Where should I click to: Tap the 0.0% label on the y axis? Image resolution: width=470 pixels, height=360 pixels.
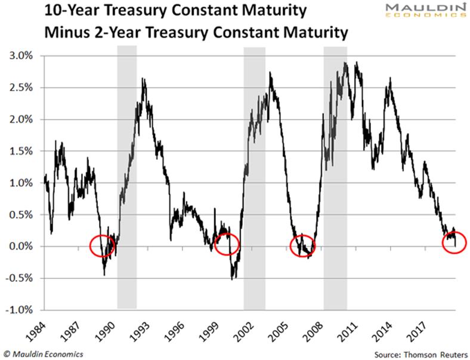point(21,247)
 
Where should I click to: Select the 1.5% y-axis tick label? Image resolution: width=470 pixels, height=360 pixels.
point(21,151)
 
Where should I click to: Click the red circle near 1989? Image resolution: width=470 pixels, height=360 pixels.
point(103,245)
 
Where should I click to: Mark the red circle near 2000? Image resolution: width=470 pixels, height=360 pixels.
point(226,244)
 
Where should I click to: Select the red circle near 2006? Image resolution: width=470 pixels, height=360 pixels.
point(303,245)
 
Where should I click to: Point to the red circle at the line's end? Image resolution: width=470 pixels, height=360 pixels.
point(455,242)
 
